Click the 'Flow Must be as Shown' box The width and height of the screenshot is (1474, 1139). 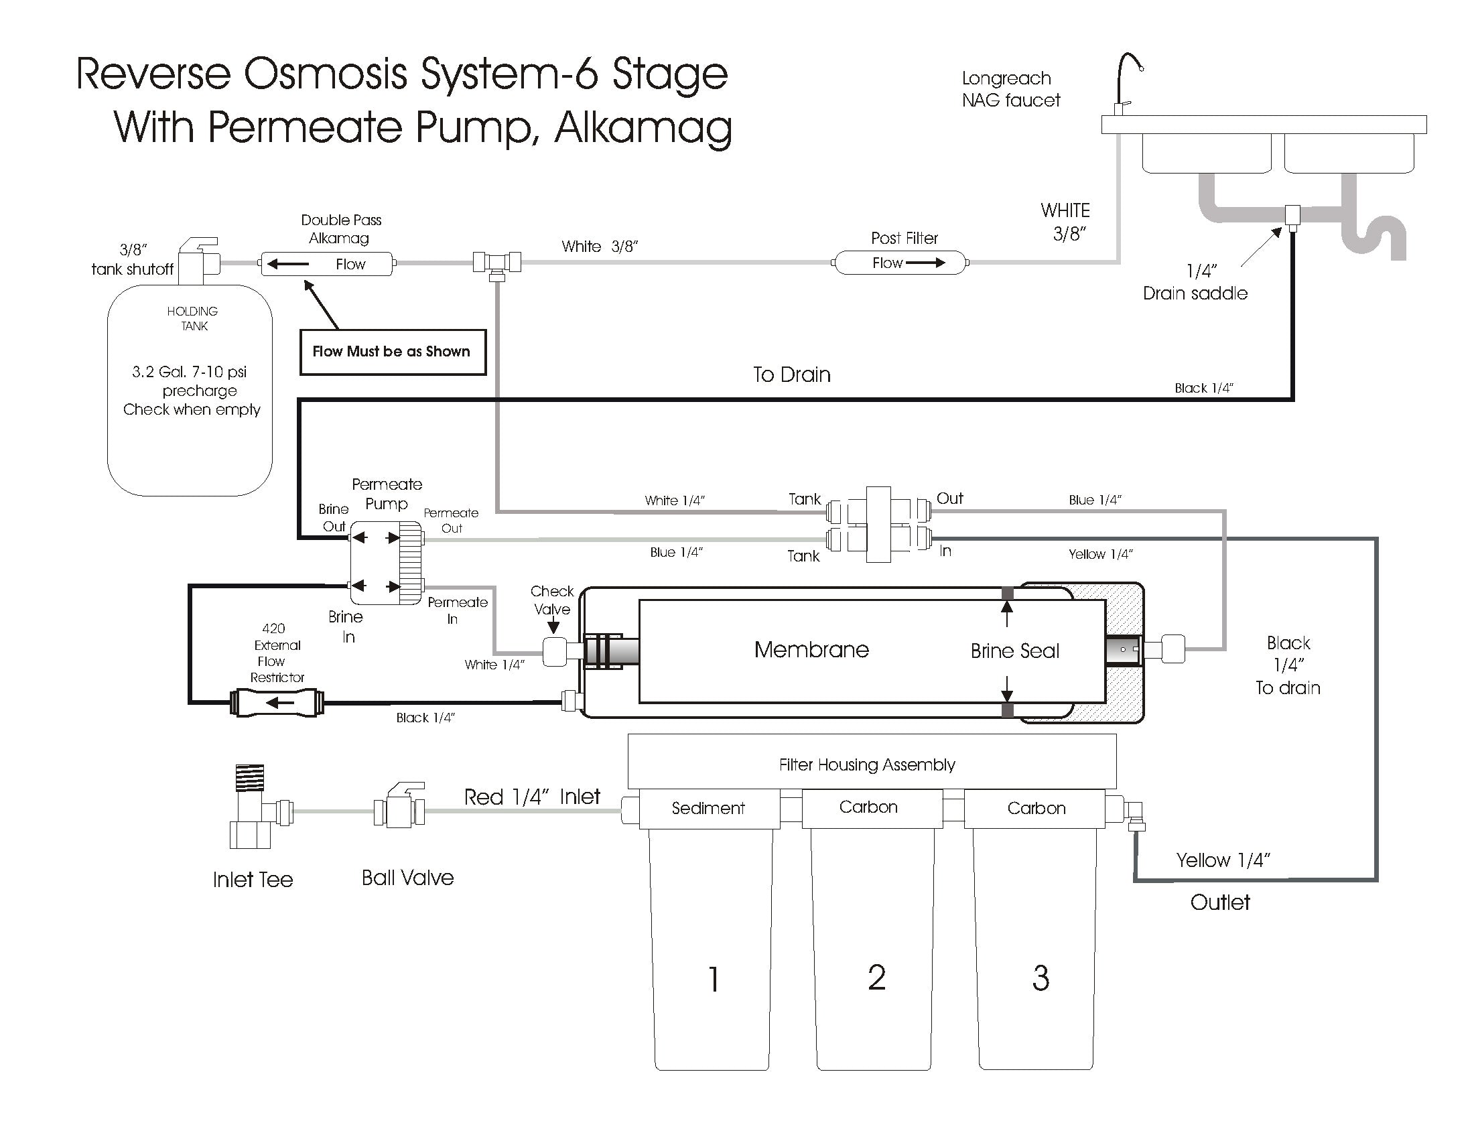(392, 352)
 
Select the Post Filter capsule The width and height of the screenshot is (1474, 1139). (900, 263)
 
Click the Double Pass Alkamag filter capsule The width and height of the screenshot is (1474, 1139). (327, 264)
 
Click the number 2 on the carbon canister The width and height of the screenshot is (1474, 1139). (876, 978)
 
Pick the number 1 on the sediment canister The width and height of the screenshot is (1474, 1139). (713, 979)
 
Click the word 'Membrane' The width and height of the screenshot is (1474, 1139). (811, 650)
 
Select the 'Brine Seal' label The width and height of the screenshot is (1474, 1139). (1014, 651)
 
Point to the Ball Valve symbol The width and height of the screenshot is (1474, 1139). (399, 805)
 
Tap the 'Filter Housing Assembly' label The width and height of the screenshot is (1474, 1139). (866, 764)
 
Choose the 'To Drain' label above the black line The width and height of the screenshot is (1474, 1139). (792, 375)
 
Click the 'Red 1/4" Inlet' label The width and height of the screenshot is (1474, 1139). (532, 797)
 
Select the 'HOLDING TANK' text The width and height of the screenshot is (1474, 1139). (193, 318)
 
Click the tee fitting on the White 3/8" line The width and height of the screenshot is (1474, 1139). (496, 263)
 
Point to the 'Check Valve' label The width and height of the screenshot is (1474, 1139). (551, 600)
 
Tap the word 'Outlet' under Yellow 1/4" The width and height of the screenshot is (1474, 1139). (1219, 902)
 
